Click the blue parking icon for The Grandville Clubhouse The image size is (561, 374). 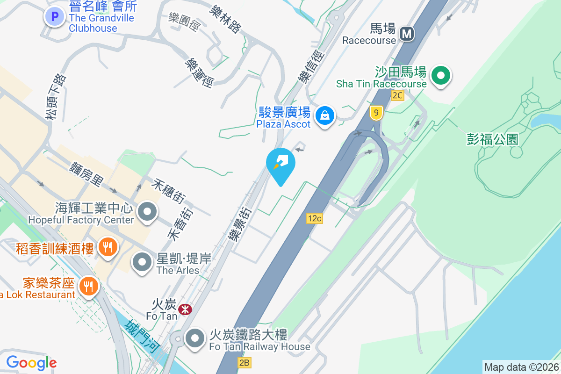55,17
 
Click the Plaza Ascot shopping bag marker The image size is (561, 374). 324,115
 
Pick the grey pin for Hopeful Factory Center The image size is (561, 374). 148,212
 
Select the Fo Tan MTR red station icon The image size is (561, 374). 185,309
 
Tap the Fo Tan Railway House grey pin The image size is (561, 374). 195,338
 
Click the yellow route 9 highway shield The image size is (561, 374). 376,113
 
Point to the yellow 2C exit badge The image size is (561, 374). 397,95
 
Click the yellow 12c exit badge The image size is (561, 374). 315,218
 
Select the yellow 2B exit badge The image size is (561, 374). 244,362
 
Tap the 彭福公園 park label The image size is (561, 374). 493,139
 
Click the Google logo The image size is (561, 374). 31,362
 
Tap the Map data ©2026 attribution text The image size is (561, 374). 521,367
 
